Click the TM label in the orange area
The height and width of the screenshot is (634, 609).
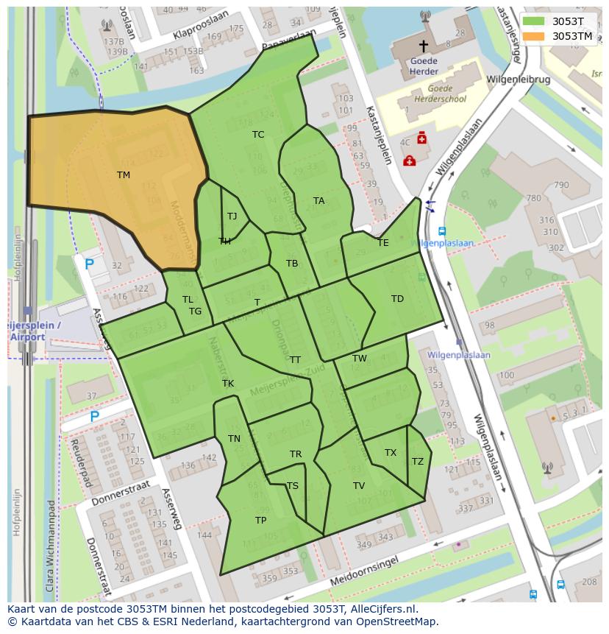tap(123, 175)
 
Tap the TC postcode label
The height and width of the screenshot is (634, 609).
tap(258, 134)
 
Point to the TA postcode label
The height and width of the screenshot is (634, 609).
tap(318, 200)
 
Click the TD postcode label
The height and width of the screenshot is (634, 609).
tap(397, 298)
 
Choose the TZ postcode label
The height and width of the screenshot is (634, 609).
tap(418, 461)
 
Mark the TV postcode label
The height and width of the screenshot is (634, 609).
tap(359, 485)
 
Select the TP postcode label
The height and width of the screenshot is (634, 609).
tap(260, 520)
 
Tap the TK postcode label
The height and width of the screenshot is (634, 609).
tap(228, 383)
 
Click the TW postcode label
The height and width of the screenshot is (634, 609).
tap(359, 359)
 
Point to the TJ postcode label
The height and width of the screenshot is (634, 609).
tap(232, 216)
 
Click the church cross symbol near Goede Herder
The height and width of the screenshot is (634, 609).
tap(423, 46)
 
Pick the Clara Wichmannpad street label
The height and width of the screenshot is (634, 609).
tap(50, 546)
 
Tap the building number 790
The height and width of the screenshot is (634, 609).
tap(561, 185)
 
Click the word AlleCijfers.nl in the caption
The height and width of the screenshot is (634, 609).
tap(382, 609)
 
